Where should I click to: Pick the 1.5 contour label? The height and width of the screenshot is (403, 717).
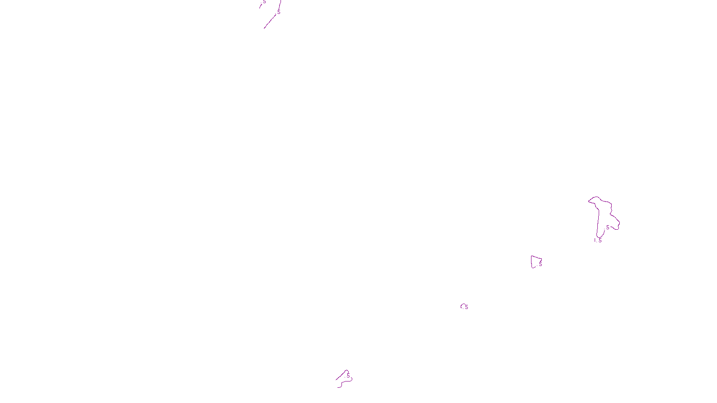(x=598, y=240)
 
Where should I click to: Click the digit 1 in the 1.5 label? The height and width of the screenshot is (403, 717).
(x=595, y=240)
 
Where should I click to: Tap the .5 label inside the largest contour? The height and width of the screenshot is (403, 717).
(x=607, y=227)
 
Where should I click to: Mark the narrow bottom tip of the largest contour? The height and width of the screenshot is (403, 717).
(x=597, y=236)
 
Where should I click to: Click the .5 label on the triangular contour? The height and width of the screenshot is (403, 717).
(x=540, y=264)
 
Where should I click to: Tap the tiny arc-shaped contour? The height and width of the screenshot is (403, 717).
(x=462, y=305)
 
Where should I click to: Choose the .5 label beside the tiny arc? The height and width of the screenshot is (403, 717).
(x=466, y=307)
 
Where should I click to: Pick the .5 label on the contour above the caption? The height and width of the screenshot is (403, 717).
(x=348, y=376)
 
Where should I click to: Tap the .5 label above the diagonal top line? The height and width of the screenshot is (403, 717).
(x=278, y=12)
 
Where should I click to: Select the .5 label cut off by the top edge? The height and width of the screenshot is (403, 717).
(x=264, y=2)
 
